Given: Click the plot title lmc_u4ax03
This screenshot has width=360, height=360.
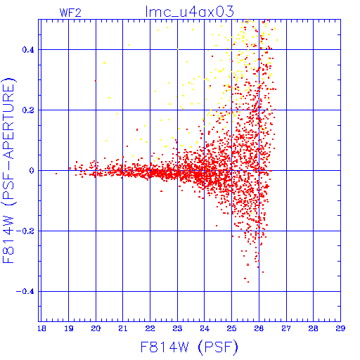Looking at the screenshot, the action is click(x=190, y=12).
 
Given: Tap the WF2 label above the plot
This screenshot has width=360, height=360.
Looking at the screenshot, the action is click(x=70, y=13).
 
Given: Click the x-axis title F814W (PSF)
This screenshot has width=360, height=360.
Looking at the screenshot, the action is click(x=189, y=347).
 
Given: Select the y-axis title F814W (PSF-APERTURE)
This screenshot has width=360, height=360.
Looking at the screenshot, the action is click(x=8, y=170).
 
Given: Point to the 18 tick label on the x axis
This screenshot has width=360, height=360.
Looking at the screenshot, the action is click(x=41, y=328).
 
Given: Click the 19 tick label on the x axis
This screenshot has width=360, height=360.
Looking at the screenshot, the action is click(x=69, y=328).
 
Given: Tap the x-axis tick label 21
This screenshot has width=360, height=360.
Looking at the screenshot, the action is click(x=123, y=328).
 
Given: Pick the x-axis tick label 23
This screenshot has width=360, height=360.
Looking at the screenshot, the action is click(x=177, y=328).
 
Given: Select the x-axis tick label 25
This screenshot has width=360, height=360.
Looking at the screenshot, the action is click(x=231, y=328).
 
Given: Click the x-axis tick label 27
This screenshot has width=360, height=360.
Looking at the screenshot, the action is click(x=286, y=328).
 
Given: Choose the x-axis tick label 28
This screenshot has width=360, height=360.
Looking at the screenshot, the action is click(x=313, y=328).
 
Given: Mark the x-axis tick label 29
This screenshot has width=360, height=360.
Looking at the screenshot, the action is click(x=340, y=328).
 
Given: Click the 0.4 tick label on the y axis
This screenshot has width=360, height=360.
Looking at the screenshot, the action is click(x=28, y=50).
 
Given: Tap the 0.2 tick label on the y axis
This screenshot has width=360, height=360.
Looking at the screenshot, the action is click(x=28, y=110).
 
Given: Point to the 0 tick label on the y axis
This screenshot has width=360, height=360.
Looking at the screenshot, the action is click(x=32, y=171).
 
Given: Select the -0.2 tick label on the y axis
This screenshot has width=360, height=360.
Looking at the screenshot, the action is click(x=25, y=231).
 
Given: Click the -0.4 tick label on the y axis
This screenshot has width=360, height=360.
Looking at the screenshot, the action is click(x=25, y=292).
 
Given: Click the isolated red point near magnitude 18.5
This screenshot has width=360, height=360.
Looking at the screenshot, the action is click(x=56, y=174).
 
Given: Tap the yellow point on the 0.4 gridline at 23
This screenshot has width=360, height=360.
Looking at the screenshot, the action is click(x=178, y=49).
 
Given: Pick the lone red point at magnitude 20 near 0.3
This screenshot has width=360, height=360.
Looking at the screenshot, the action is click(x=96, y=81).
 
